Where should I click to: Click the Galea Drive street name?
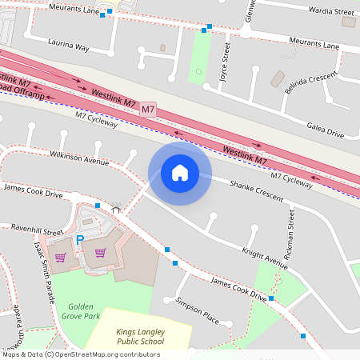point(326,130)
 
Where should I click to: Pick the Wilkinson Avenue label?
point(78,157)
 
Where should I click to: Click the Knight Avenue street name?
point(264,256)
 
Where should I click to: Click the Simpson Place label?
point(197,312)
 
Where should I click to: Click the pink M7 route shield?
point(148,108)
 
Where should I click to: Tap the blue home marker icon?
point(180,173)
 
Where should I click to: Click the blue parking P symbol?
point(79,239)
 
